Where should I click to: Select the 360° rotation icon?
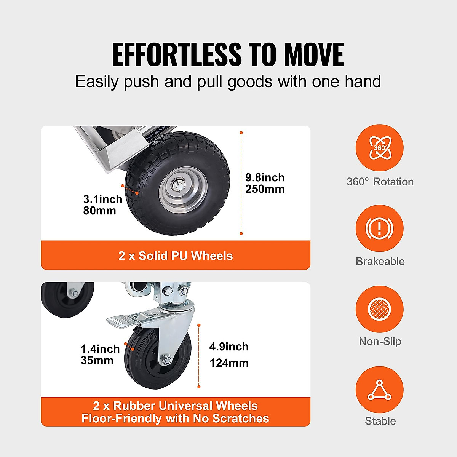(x=379, y=148)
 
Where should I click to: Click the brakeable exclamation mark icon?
(x=379, y=228)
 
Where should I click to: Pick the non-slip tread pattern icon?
(x=379, y=309)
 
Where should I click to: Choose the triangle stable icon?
(x=379, y=390)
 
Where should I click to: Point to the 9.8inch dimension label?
(x=265, y=177)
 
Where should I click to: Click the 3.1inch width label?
(x=102, y=199)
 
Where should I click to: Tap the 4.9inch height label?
(x=229, y=347)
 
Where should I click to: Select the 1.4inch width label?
(x=100, y=349)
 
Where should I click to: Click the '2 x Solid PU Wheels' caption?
(x=176, y=256)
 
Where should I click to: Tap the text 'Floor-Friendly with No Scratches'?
(x=176, y=419)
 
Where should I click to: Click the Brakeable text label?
(x=380, y=261)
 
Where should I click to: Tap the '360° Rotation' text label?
(x=380, y=182)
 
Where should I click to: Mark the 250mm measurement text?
(x=265, y=189)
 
